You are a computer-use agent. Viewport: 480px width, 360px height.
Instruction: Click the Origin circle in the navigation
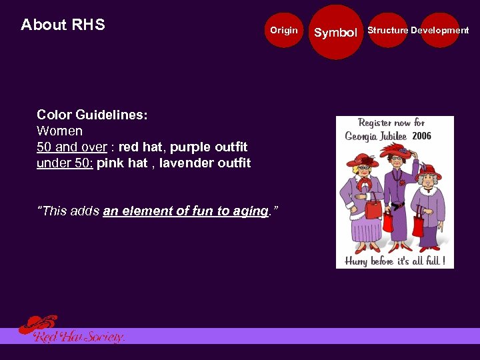click(x=284, y=30)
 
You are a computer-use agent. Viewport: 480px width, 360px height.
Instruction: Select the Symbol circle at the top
click(x=335, y=32)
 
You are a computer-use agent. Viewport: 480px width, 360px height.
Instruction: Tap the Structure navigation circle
click(x=387, y=30)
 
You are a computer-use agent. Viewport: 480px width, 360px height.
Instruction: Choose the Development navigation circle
click(x=440, y=30)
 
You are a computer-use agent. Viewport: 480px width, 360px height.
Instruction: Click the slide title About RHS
click(x=63, y=25)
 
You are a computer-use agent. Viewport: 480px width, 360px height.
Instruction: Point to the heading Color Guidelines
click(x=92, y=115)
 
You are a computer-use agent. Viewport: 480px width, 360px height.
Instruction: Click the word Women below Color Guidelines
click(x=59, y=131)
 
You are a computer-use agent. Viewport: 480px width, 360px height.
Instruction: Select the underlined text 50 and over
click(x=71, y=147)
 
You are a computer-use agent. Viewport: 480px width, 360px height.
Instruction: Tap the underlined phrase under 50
click(x=64, y=163)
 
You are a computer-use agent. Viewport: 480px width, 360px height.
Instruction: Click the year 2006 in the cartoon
click(x=421, y=136)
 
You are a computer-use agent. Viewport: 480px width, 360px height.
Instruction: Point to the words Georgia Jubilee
click(x=377, y=137)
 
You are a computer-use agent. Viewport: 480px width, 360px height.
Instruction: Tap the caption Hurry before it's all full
click(x=395, y=261)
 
